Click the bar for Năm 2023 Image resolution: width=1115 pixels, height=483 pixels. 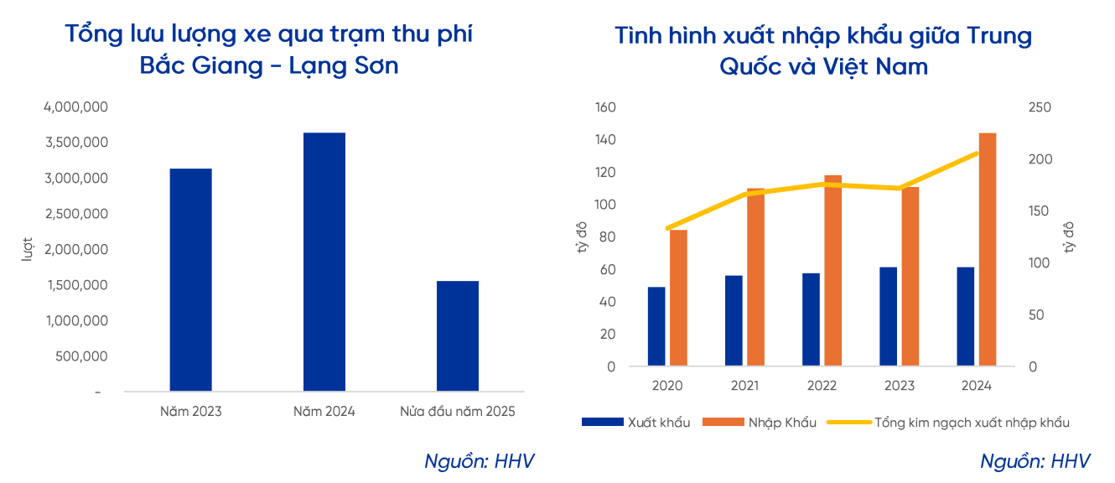[190, 280]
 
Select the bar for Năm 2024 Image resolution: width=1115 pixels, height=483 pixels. [324, 262]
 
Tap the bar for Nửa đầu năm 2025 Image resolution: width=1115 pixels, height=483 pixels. [458, 336]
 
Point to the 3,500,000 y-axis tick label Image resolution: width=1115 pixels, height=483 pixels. [76, 143]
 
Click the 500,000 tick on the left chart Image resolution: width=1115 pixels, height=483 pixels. [83, 356]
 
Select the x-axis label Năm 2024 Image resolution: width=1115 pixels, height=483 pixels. [324, 412]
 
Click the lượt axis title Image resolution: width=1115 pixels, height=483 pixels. [27, 249]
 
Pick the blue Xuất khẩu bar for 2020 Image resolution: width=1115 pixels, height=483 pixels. [656, 327]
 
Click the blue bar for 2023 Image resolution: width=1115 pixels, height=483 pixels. [888, 317]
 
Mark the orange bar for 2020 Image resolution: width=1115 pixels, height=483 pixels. [678, 298]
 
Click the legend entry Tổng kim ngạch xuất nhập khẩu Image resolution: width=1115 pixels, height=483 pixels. [971, 423]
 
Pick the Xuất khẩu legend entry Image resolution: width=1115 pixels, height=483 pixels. [658, 423]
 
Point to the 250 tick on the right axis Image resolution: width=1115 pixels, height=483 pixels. [1040, 107]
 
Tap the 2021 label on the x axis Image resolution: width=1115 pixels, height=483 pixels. [744, 387]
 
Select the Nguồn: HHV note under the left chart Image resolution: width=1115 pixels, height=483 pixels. [479, 461]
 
